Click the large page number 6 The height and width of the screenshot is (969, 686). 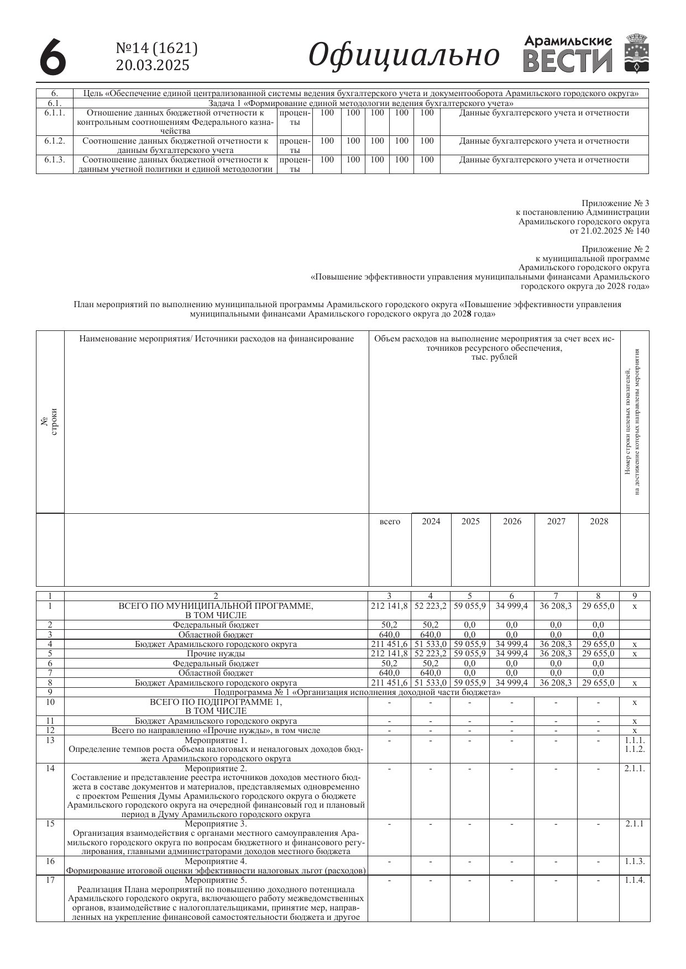(53, 56)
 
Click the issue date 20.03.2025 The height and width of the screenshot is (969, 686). (152, 65)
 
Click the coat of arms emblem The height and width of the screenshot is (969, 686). (637, 54)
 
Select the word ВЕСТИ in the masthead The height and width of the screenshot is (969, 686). (568, 62)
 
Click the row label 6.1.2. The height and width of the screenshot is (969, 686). (54, 141)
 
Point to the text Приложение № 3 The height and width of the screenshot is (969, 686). (615, 203)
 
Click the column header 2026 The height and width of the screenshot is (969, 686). (512, 522)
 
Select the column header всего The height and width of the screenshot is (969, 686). (390, 522)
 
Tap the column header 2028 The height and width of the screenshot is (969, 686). (599, 522)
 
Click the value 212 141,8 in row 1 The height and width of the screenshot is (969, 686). (389, 606)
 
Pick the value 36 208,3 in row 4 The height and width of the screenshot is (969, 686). (556, 644)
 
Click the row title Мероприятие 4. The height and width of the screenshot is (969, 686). (216, 861)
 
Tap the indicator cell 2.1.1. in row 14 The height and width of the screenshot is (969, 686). (635, 768)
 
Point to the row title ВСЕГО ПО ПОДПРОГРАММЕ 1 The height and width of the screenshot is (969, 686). (216, 702)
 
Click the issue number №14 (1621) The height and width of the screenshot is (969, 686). (156, 49)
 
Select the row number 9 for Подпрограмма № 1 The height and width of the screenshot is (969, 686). (50, 692)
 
